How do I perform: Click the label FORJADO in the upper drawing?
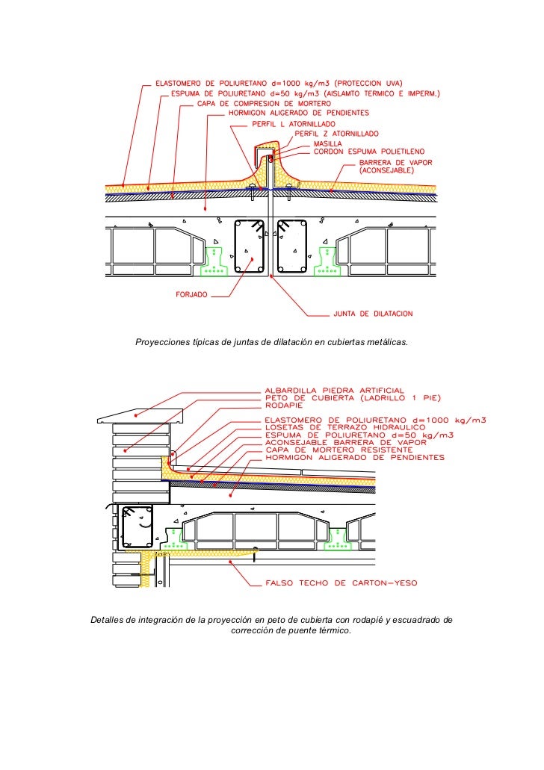tap(191, 295)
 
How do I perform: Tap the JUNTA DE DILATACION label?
tap(373, 314)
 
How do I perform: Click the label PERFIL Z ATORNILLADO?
tap(333, 133)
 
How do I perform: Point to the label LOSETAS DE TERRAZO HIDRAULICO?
tap(344, 427)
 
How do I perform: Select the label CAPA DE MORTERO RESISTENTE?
tap(338, 450)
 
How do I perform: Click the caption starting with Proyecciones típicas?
tap(271, 342)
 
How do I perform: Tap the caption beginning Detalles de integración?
tap(271, 626)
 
